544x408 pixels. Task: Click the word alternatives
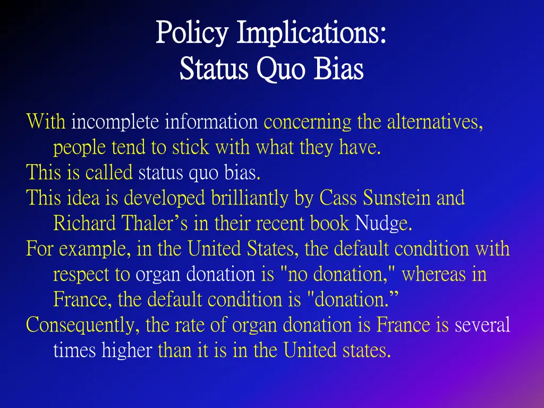coord(435,123)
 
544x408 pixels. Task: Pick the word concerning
coord(308,123)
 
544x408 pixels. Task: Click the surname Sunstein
coord(397,199)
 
